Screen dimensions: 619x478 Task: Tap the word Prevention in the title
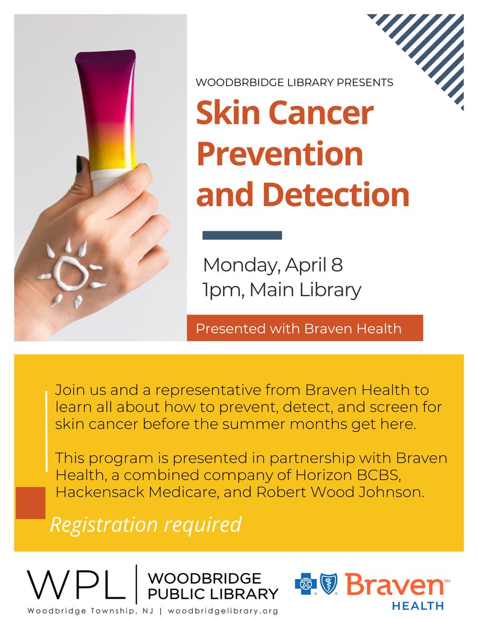point(280,154)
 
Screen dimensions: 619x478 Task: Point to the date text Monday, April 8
point(273,265)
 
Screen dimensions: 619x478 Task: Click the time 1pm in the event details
point(222,290)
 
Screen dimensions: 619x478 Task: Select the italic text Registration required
point(145,524)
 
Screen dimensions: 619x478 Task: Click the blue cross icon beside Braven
point(306,584)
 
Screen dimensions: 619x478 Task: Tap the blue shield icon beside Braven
point(329,584)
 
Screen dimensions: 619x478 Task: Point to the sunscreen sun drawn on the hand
point(71,274)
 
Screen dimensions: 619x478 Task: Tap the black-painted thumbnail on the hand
point(79,164)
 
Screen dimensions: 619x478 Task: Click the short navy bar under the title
point(242,235)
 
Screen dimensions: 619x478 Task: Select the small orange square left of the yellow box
point(30,503)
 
